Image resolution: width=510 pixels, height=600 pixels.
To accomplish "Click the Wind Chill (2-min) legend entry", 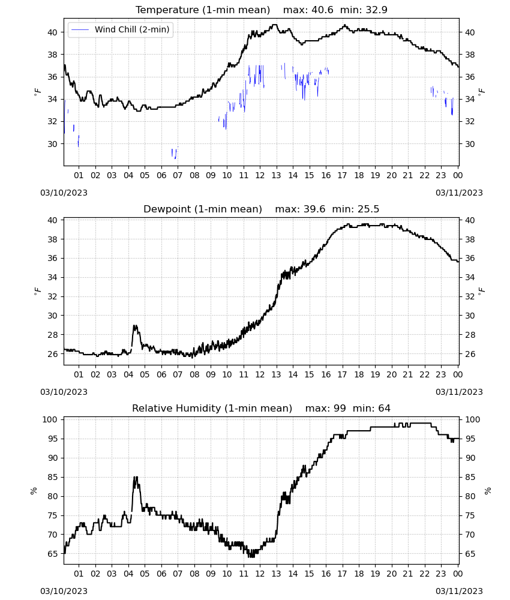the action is click(x=121, y=29).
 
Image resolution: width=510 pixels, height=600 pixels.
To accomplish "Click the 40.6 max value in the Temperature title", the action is click(x=322, y=10).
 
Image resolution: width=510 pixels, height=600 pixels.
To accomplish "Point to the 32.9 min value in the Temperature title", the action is click(x=376, y=10).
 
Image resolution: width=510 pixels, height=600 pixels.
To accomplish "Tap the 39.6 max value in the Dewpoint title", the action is click(x=314, y=209).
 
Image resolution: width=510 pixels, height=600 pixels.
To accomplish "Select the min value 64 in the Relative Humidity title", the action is click(x=384, y=408).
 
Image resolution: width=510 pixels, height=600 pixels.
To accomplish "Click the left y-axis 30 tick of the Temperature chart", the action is click(x=52, y=144).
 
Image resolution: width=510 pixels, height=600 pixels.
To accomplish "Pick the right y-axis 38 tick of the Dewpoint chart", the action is click(x=470, y=239).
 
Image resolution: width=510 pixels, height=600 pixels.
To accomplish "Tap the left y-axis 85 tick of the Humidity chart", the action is click(x=52, y=477).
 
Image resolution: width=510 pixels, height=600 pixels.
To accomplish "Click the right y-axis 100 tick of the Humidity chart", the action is click(x=472, y=419).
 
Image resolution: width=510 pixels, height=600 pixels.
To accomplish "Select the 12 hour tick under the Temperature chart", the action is click(x=260, y=175).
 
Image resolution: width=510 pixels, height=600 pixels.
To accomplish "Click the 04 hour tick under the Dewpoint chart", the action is click(x=128, y=374).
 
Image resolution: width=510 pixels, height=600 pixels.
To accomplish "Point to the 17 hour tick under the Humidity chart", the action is click(x=342, y=574).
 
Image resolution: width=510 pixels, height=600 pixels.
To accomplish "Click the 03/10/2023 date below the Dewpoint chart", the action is click(x=64, y=392).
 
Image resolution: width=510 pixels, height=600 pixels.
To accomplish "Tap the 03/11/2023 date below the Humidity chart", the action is click(x=459, y=591).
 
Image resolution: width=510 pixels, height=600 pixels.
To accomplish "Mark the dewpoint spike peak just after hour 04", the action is click(x=134, y=326).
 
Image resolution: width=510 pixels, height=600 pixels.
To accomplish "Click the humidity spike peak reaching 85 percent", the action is click(x=135, y=477).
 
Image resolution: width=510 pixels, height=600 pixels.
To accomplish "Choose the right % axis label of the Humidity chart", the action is click(x=488, y=491).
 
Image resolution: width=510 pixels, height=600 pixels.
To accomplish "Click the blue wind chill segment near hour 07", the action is click(x=175, y=153).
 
